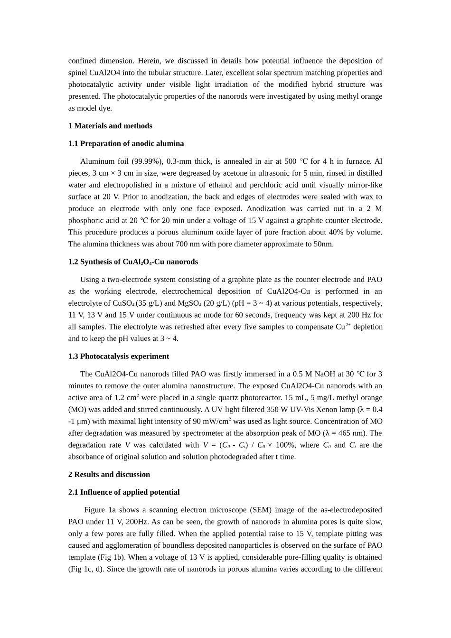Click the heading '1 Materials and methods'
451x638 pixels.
point(110,126)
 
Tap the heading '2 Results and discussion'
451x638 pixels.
point(109,474)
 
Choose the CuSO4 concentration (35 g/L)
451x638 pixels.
point(149,303)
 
